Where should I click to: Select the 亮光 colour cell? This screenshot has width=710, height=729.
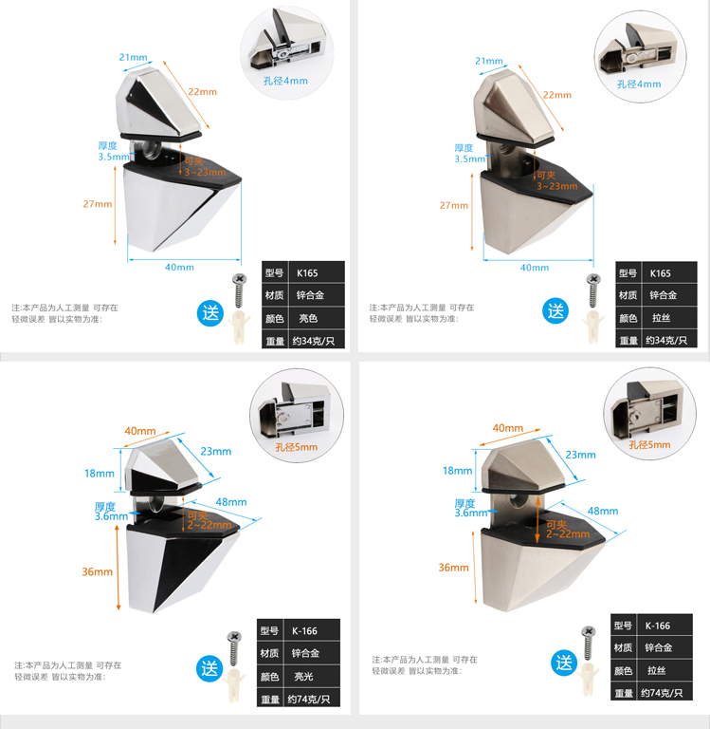point(303,677)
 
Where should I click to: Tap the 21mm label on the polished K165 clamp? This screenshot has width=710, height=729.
point(134,58)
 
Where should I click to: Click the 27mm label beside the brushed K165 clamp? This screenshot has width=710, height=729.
point(453,205)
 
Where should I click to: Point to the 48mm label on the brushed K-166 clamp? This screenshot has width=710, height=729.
point(603,511)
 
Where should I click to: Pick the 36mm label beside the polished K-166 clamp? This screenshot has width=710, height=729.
point(97,571)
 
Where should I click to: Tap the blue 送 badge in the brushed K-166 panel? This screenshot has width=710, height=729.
point(564,663)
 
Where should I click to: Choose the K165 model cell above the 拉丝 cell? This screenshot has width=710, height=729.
point(661,273)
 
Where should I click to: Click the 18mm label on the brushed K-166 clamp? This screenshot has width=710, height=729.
point(457,471)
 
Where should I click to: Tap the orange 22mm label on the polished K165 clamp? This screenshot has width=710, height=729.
point(201,92)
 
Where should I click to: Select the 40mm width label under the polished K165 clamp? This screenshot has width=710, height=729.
point(179,267)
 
